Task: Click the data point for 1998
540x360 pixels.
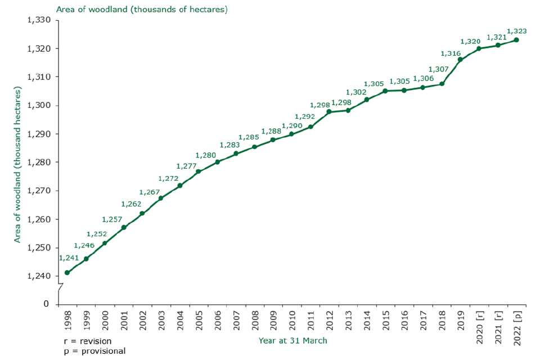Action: coord(67,273)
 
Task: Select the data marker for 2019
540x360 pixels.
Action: coord(460,60)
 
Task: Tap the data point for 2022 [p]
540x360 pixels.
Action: coord(516,40)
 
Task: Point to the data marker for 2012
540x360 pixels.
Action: coord(329,111)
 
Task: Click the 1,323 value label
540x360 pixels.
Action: coord(517,31)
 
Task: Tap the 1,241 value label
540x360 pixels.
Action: coord(69,258)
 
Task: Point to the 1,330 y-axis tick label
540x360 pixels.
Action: coord(39,20)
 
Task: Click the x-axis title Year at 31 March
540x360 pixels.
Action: coord(292,340)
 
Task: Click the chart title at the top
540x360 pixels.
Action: coord(142,10)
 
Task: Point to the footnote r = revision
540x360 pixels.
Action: coord(88,341)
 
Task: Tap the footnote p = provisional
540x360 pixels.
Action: coord(94,350)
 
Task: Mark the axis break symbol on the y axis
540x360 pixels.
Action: coord(59,289)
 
